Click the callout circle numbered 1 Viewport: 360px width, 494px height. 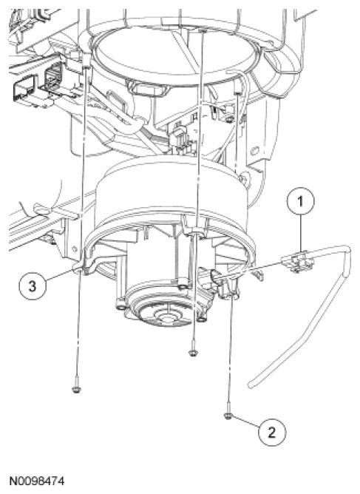coord(300,201)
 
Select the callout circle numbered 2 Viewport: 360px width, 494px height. coord(272,432)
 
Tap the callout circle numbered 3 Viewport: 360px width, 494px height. coord(33,286)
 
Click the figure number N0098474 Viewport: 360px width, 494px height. coord(37,481)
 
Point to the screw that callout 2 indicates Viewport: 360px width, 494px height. coord(228,416)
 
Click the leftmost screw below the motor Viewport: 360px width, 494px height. coord(76,390)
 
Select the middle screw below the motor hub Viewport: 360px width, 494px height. coord(193,353)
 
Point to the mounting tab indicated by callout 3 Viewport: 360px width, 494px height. coord(83,267)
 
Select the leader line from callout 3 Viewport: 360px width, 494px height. coord(60,275)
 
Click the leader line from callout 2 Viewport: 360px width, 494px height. coord(246,423)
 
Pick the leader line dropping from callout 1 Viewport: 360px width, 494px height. coord(300,233)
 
